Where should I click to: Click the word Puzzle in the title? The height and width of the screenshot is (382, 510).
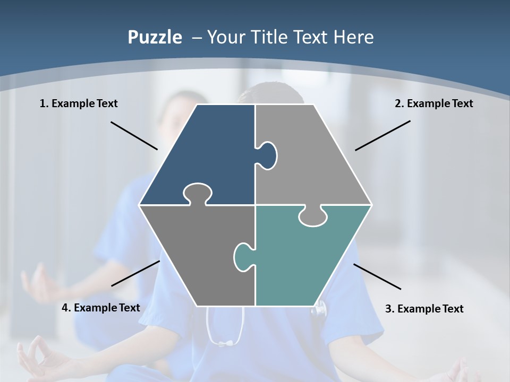coord(155,38)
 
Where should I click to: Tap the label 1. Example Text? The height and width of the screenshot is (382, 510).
coord(79,103)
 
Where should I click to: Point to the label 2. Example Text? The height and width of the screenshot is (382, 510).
coord(433,103)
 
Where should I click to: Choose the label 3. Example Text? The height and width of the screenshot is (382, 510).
coord(424,309)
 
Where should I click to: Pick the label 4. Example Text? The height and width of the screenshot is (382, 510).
coord(100,308)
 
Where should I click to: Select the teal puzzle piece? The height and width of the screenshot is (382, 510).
coord(308,260)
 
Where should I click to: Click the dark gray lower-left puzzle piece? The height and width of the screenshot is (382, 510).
coord(197,255)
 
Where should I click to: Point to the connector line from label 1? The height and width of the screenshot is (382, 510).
coord(134,135)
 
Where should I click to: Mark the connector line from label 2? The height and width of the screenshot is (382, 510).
coord(382,135)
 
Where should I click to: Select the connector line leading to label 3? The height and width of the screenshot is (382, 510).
coord(377,276)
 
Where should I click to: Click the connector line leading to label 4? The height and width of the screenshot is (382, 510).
coord(135,273)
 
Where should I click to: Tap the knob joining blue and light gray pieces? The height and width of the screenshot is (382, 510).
coord(268,155)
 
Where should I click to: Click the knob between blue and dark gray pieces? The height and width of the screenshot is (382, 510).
coord(198,193)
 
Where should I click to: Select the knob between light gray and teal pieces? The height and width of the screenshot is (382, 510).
coord(312,216)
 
